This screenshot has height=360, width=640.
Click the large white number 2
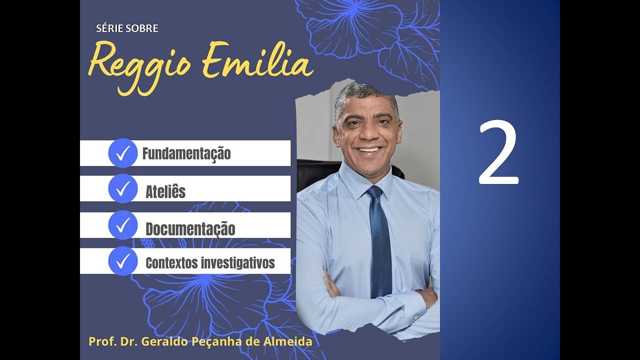[x=498, y=152]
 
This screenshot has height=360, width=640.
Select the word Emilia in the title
[x=257, y=61]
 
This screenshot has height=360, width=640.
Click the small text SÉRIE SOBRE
[x=127, y=28]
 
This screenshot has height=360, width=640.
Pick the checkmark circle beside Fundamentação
[x=122, y=153]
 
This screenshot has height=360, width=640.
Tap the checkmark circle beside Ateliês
[x=122, y=188]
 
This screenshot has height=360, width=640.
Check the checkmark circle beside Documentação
[x=122, y=225]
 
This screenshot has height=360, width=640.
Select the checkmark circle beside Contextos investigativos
[x=122, y=261]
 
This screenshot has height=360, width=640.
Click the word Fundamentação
[x=186, y=153]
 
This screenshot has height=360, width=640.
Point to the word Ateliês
[x=165, y=191]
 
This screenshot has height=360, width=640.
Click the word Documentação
[x=190, y=229]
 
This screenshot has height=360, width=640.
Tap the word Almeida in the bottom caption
[x=291, y=342]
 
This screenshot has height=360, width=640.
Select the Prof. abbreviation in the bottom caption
[x=100, y=342]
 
